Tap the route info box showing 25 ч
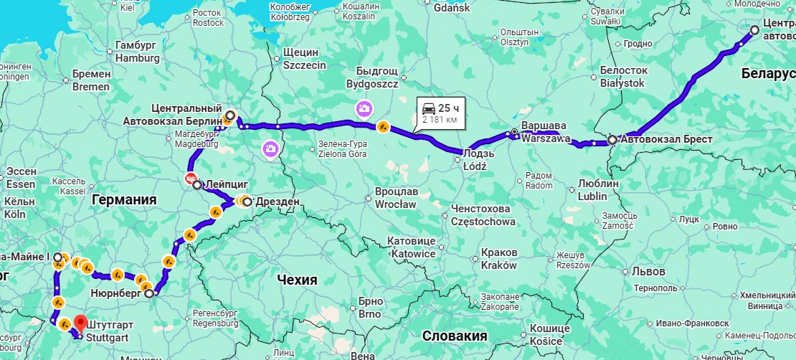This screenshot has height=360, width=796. (440, 113)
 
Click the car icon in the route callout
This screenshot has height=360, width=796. (429, 108)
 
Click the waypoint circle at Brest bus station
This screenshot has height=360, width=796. (612, 141)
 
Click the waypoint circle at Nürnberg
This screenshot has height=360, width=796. (149, 293)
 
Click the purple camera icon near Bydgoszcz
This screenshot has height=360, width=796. (364, 108)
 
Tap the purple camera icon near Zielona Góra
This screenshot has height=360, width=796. (270, 148)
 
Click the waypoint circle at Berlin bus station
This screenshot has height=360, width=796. (229, 115)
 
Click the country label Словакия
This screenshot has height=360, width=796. (455, 336)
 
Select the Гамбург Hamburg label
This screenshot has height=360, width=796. (136, 52)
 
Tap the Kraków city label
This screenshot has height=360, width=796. (499, 265)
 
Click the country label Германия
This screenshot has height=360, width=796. (124, 200)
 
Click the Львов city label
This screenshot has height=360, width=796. (648, 272)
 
